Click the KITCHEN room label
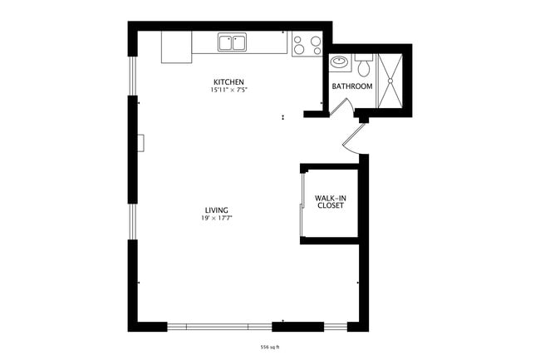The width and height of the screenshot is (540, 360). (x=228, y=81)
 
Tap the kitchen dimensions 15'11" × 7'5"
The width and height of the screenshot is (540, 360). (x=228, y=90)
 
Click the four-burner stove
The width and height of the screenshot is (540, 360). (x=306, y=44)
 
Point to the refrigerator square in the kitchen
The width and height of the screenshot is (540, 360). (x=176, y=47)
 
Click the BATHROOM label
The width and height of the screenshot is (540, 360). (x=352, y=86)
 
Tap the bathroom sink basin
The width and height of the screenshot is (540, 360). (x=339, y=62)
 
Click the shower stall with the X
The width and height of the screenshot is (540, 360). (x=390, y=81)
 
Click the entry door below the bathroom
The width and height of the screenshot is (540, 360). (x=352, y=138)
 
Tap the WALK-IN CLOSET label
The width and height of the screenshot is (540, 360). (x=329, y=202)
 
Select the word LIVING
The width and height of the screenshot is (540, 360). (x=218, y=210)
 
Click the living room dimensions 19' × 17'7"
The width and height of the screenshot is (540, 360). (x=218, y=218)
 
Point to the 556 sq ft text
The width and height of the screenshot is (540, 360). (x=269, y=347)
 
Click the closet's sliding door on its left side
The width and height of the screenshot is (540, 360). (x=302, y=204)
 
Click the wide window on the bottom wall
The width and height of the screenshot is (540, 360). (x=219, y=325)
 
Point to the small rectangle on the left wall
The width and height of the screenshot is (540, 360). (x=142, y=143)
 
